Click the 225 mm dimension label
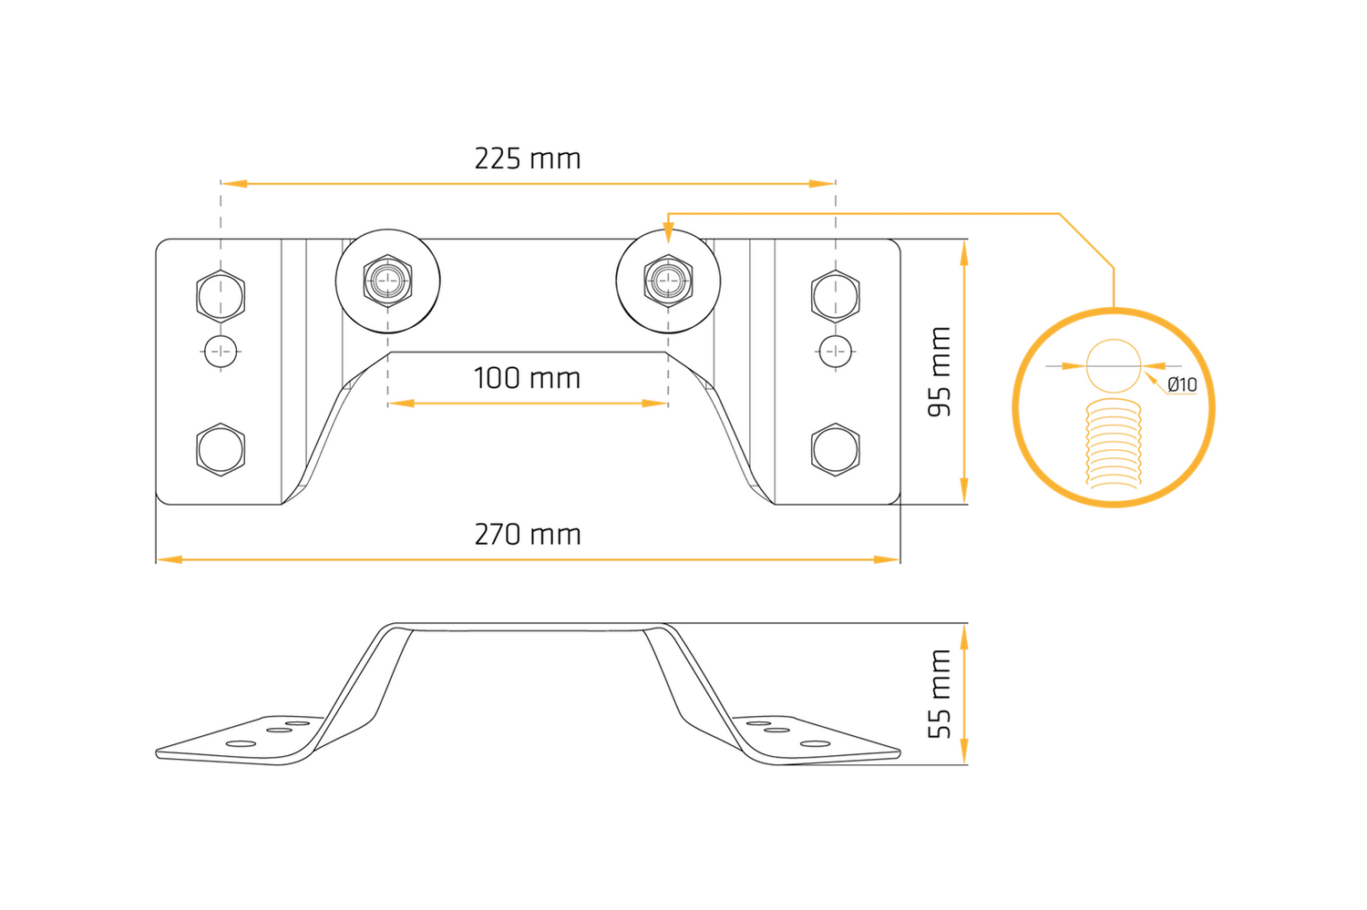528,159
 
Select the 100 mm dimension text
528,378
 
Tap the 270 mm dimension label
528,535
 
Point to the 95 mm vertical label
940,372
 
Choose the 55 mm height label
940,694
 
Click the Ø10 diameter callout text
1182,384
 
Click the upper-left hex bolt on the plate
221,296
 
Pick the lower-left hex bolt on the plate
221,449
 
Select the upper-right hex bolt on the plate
836,296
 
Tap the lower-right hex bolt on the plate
836,449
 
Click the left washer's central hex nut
387,281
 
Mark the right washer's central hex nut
668,281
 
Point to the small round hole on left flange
221,352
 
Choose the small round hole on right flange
836,352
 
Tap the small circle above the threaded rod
1114,366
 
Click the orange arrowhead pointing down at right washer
668,233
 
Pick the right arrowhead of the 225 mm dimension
821,184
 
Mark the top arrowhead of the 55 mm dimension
964,638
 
